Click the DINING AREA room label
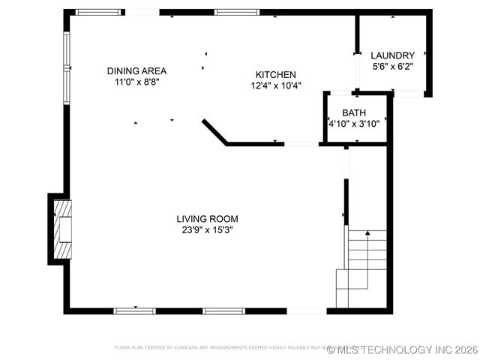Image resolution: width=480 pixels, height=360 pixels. (x=136, y=71)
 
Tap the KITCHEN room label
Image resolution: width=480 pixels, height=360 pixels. (x=276, y=75)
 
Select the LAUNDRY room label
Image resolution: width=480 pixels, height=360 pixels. (x=393, y=55)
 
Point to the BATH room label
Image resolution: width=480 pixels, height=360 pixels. (x=354, y=113)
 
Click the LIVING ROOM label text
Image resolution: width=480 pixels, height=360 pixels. (x=207, y=219)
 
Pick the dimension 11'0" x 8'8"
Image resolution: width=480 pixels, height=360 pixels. (x=136, y=82)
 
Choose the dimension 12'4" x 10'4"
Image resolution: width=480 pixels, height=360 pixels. (x=276, y=85)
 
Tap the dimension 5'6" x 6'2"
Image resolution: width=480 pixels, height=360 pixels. (x=393, y=66)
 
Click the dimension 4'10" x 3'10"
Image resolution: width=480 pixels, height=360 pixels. (x=354, y=124)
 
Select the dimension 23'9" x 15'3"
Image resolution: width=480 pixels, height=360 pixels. (x=207, y=229)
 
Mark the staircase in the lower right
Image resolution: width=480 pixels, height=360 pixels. (x=363, y=268)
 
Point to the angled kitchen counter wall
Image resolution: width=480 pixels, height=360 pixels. (x=214, y=131)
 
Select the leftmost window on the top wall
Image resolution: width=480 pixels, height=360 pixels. (x=99, y=12)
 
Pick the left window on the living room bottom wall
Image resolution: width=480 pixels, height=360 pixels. (x=135, y=310)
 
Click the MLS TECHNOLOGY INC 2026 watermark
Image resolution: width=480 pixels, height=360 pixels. (x=402, y=349)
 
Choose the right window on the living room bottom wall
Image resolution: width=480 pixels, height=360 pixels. (x=223, y=310)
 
